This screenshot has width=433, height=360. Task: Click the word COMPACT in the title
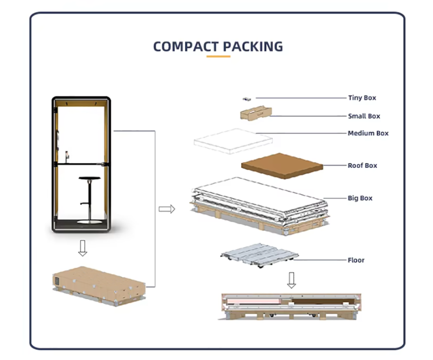pyautogui.click(x=186, y=47)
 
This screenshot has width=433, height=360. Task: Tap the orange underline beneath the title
pyautogui.click(x=218, y=57)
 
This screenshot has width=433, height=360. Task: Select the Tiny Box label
pyautogui.click(x=362, y=98)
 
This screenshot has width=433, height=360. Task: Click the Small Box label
pyautogui.click(x=364, y=116)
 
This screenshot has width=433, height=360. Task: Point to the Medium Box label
pyautogui.click(x=368, y=133)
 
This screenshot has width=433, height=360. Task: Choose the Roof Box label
pyautogui.click(x=362, y=166)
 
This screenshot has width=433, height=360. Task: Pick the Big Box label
pyautogui.click(x=360, y=198)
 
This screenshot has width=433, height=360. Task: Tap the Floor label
pyautogui.click(x=356, y=260)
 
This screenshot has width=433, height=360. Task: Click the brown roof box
pyautogui.click(x=282, y=166)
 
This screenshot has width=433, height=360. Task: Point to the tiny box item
pyautogui.click(x=247, y=99)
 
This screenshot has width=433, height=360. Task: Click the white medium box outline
pyautogui.click(x=233, y=141)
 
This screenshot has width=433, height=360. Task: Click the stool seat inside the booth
pyautogui.click(x=90, y=178)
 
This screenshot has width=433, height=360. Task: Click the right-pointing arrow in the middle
pyautogui.click(x=167, y=209)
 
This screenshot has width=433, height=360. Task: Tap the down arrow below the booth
pyautogui.click(x=83, y=248)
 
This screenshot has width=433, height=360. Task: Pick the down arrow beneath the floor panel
pyautogui.click(x=292, y=280)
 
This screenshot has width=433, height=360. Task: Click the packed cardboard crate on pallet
pyautogui.click(x=99, y=286)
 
